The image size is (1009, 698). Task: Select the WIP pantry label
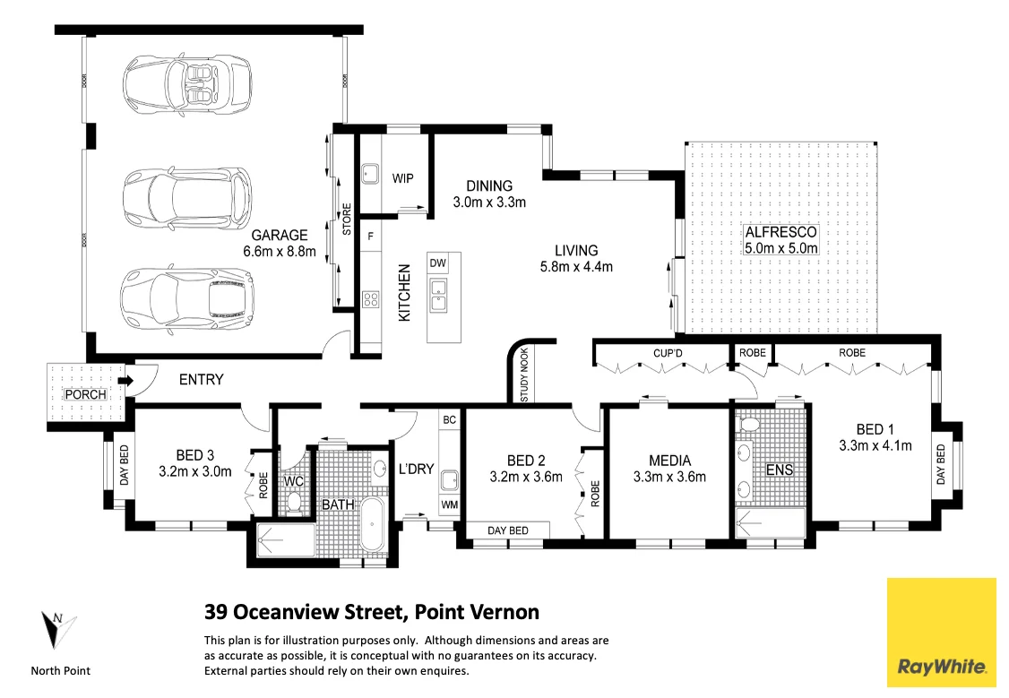click(403, 178)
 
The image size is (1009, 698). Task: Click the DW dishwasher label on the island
click(437, 263)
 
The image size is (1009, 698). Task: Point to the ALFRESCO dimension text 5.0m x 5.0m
click(780, 248)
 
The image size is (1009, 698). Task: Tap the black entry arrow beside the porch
click(127, 382)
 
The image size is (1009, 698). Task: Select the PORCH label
click(86, 394)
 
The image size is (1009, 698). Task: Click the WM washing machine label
click(448, 506)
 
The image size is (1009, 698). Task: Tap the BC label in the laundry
click(450, 419)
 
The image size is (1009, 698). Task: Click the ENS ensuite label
click(779, 470)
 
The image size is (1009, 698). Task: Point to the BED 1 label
click(875, 429)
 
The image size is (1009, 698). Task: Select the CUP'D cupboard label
click(669, 353)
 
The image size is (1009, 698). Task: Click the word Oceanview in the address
click(291, 613)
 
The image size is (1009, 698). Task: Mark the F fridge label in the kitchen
click(370, 236)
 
